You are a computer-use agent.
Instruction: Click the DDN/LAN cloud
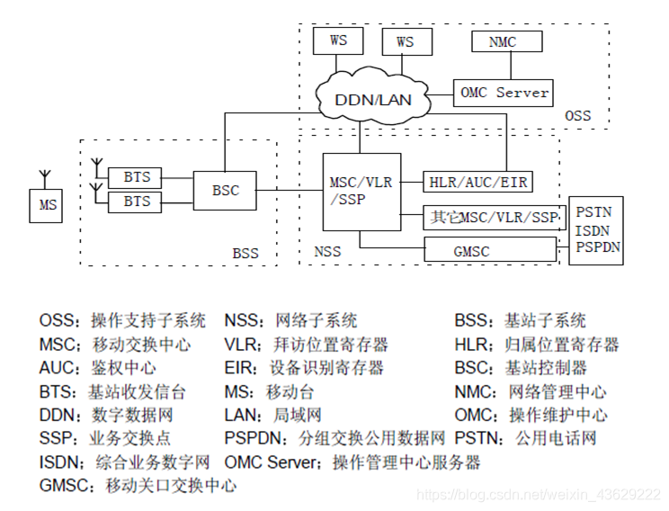pos(373,98)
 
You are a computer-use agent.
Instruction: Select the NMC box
pos(503,41)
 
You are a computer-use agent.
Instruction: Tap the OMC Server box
pos(504,93)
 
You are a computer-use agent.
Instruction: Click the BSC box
pos(225,191)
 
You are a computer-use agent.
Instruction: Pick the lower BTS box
pos(137,202)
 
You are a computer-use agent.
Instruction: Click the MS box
pos(48,205)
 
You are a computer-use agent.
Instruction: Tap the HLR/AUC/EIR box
pos(477,183)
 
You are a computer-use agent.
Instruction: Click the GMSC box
pos(470,252)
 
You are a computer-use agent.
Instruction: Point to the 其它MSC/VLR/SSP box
pos(493,217)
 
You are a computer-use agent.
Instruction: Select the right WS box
pos(406,41)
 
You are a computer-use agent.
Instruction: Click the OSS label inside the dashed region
pos(577,115)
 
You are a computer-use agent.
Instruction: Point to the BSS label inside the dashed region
pos(245,254)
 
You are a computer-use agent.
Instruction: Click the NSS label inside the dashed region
pos(327,251)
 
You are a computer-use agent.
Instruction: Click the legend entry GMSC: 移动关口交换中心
pos(138,485)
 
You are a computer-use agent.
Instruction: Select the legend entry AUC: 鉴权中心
pos(97,368)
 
